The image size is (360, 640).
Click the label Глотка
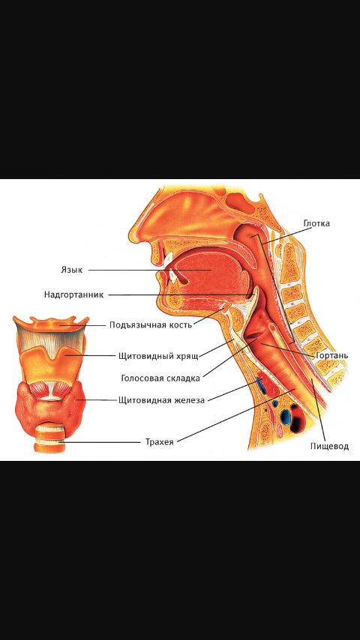316,223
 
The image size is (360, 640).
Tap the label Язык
71,271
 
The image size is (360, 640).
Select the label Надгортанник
74,295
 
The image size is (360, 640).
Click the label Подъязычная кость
150,325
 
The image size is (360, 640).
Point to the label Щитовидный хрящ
158,356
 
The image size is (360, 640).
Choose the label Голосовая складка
160,378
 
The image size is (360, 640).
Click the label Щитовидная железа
161,400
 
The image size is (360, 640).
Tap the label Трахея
159,442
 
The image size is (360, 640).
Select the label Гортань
332,356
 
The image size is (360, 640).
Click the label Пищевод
329,446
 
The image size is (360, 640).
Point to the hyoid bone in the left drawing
51,324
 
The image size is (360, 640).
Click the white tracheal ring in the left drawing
49,435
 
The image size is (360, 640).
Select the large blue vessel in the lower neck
286,417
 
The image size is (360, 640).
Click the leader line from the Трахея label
235,415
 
